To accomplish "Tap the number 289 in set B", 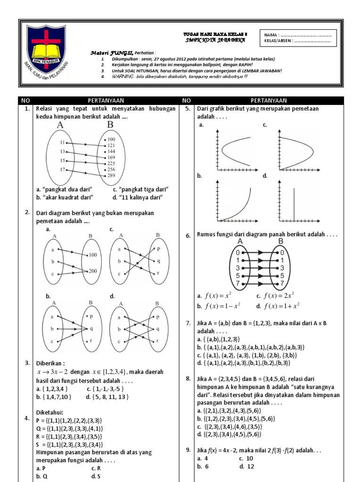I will click(x=111, y=176).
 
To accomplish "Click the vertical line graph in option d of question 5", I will click(x=294, y=203).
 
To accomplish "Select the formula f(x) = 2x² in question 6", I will click(x=275, y=296).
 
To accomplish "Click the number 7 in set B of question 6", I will click(x=282, y=284).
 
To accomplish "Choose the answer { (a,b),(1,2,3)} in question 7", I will click(x=218, y=339).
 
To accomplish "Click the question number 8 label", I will click(x=188, y=379).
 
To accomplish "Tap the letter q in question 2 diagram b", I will click(x=92, y=329).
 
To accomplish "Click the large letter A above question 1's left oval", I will click(x=60, y=125).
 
